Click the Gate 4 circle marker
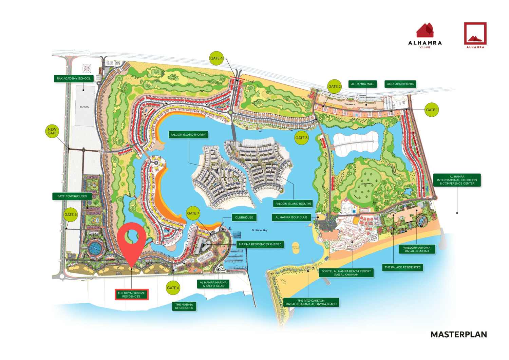(216, 58)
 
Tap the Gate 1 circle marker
(432, 110)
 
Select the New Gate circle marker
(52, 131)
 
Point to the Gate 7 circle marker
(193, 213)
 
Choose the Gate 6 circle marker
(173, 288)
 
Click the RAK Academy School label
(74, 79)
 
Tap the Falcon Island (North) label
(188, 135)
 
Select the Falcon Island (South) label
(293, 204)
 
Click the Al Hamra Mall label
(362, 84)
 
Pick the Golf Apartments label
(400, 84)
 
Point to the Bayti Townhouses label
(72, 196)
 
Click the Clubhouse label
(244, 217)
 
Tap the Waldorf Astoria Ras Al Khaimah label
(417, 249)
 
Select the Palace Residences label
(402, 267)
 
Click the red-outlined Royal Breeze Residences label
(131, 295)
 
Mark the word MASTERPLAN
(458, 335)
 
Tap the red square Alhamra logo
(475, 35)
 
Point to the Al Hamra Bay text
(260, 230)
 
